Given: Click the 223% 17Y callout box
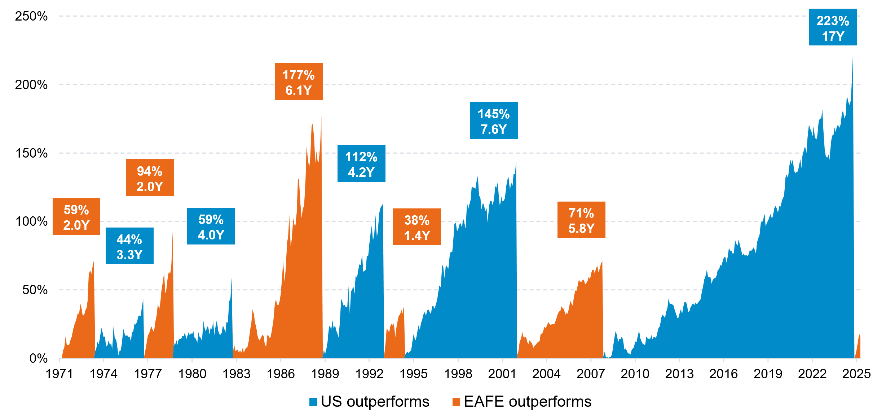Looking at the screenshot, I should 833,27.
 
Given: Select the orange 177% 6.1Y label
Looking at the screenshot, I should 299,81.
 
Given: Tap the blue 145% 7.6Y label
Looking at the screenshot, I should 493,120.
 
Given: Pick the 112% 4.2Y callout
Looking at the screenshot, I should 361,163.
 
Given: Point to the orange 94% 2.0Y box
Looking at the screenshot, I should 150,177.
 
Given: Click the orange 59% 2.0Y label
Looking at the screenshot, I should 76,216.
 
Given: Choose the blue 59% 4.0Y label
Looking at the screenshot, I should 211,226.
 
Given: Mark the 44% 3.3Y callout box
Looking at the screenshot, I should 129,246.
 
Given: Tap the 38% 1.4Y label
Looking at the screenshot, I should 417,227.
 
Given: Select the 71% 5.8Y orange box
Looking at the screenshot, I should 581,220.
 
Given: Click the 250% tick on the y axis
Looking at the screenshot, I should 31,16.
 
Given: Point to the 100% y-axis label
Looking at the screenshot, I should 31,221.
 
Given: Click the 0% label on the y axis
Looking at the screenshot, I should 38,358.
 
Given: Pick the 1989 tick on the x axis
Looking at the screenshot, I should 325,374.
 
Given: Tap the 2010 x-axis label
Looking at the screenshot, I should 635,374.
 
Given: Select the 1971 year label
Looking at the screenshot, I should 59,374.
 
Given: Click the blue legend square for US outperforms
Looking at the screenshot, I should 313,401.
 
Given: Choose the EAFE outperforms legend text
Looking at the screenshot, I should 527,401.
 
